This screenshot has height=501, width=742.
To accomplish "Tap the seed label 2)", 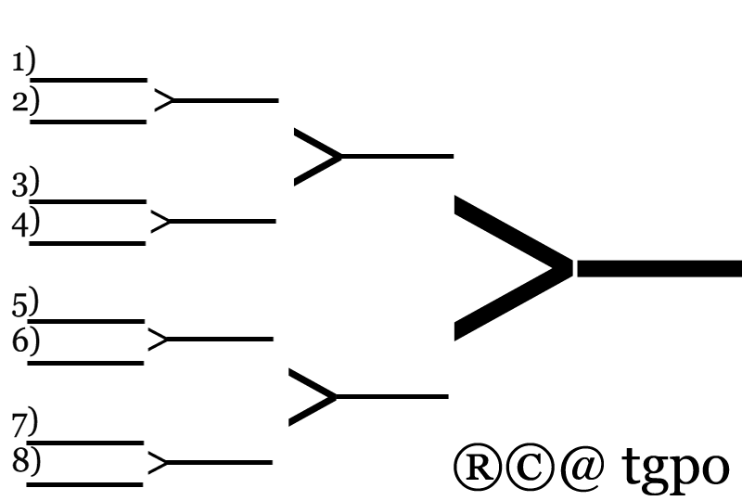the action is point(26,100).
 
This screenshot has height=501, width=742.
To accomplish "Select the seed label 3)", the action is point(26,181).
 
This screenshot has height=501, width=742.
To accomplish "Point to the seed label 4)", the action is point(26,221).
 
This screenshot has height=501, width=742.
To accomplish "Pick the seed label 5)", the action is point(25,302).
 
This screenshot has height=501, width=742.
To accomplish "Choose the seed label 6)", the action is point(26,340).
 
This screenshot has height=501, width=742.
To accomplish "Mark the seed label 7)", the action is point(25,422).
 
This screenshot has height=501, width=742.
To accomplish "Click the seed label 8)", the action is point(26,459).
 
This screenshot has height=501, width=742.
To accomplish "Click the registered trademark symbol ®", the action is point(477,468).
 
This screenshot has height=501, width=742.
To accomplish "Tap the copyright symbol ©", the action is point(530,468).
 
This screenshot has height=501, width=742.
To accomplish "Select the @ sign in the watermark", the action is point(582,468).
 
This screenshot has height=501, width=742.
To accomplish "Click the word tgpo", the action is point(675,466).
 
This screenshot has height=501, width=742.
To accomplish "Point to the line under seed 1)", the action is point(88,81).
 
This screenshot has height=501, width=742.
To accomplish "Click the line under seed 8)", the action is point(84,484).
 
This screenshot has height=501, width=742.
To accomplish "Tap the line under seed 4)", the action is point(87,243).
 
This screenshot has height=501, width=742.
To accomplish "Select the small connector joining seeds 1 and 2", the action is point(164,100).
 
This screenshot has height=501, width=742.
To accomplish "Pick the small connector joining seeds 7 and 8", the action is point(158,463).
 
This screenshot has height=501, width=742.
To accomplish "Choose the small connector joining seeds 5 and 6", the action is point(158,339).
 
